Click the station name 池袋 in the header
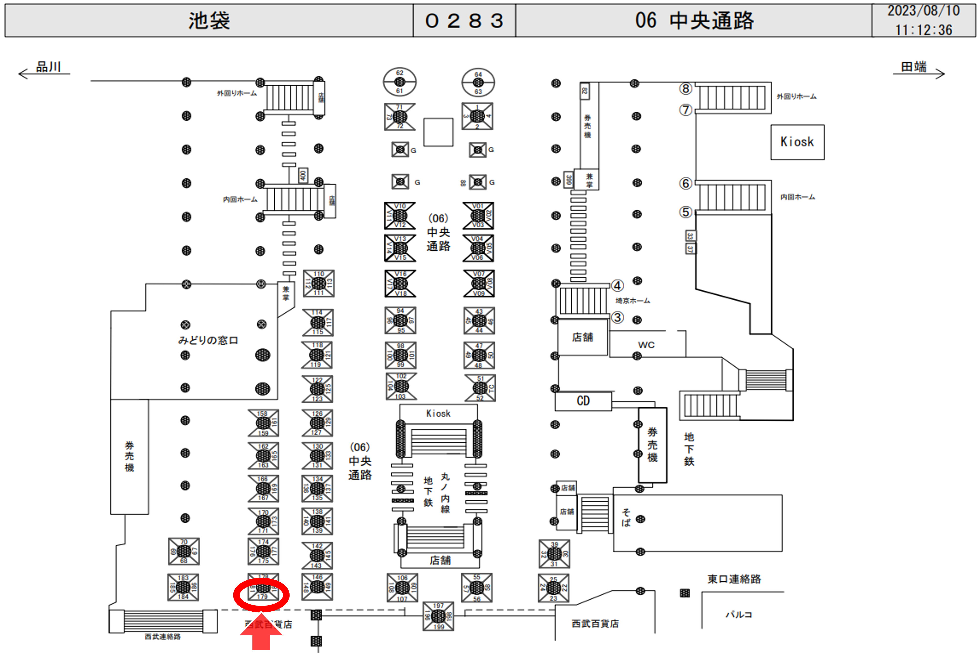coord(209,20)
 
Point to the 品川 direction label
coord(48,67)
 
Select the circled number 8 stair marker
coord(686,89)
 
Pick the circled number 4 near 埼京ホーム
coord(617,286)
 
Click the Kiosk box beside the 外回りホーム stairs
coord(797,142)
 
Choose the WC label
coord(646,345)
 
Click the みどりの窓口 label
coord(208,340)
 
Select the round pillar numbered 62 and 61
coord(399,82)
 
